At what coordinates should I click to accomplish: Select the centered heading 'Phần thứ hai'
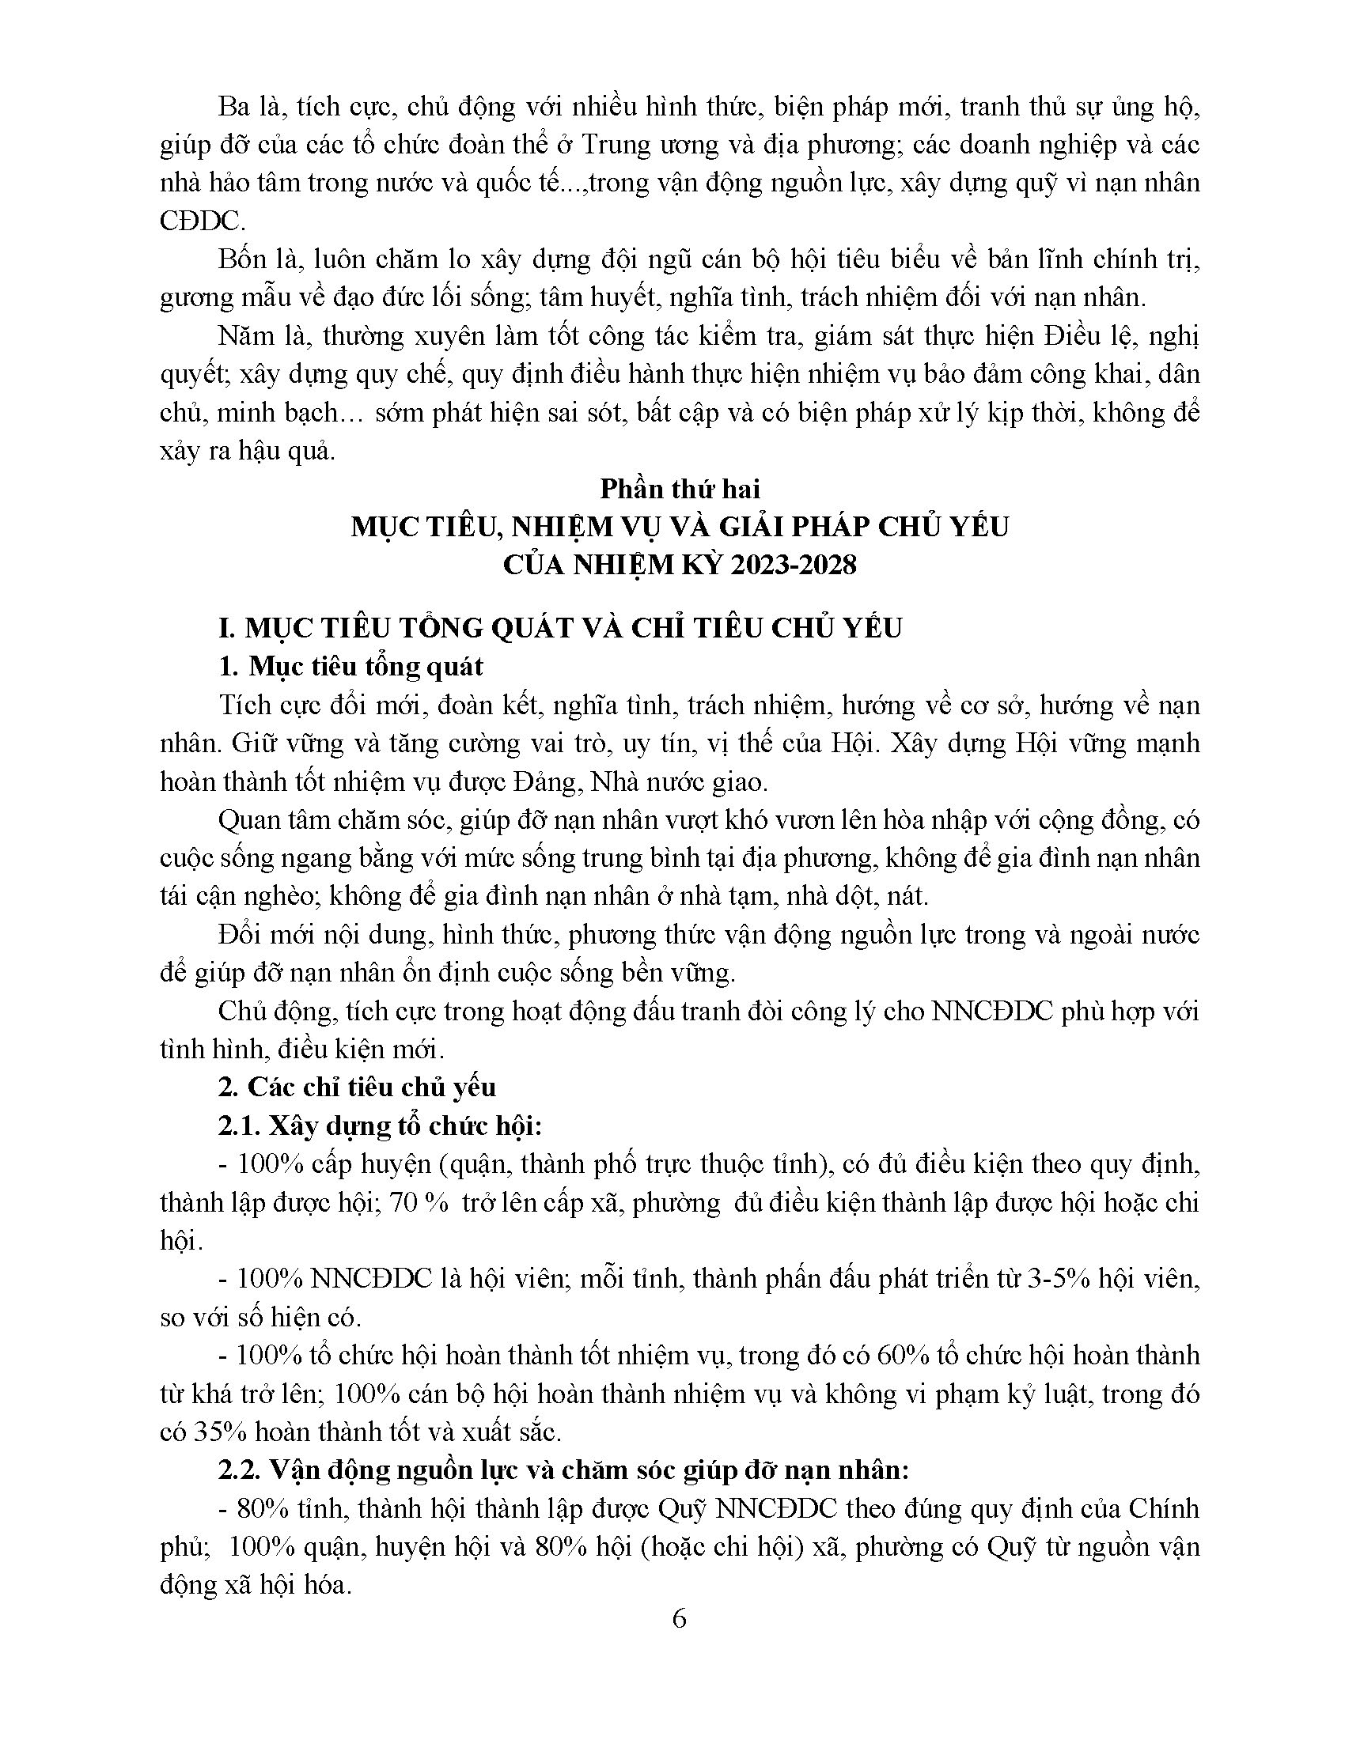[x=680, y=487]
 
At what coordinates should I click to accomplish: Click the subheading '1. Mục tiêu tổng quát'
[x=350, y=666]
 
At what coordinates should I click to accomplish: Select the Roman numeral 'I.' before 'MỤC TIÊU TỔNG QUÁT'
[x=228, y=628]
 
